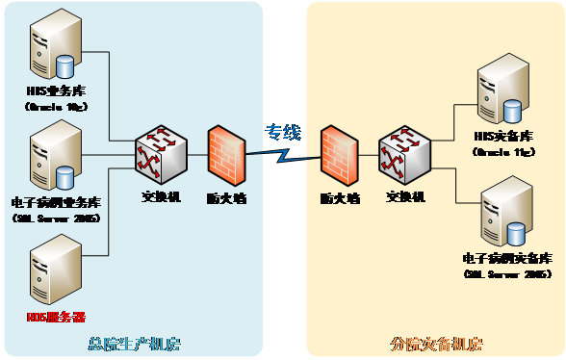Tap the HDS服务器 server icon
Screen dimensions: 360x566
[x=54, y=273]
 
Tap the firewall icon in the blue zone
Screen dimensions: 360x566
[x=225, y=155]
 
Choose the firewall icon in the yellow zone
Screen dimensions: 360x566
[x=339, y=155]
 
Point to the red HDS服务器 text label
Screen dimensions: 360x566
[x=55, y=317]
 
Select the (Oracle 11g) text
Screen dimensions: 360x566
[x=499, y=152]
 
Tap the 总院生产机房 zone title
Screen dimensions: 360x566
[x=134, y=343]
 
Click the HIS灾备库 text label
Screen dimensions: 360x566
[x=499, y=138]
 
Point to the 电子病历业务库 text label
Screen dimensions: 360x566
[x=56, y=203]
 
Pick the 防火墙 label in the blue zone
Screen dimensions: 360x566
[x=225, y=198]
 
